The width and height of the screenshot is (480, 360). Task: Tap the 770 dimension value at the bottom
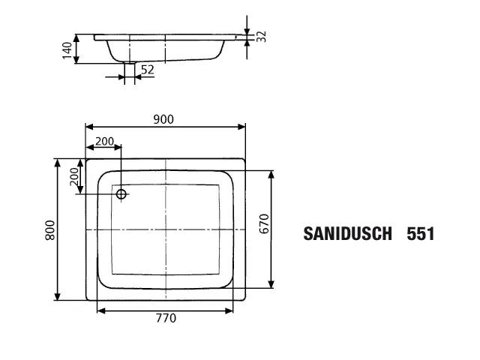(x=166, y=319)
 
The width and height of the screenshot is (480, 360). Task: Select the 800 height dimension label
(x=49, y=229)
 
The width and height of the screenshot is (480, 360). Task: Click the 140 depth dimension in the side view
(x=67, y=49)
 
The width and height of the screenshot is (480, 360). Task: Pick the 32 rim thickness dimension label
(x=261, y=37)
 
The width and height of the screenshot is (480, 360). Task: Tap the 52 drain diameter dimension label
(x=147, y=69)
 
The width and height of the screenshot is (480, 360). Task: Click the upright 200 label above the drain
(x=105, y=141)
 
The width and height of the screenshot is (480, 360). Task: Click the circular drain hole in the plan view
(x=121, y=194)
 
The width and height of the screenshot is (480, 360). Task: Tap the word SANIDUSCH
(x=347, y=234)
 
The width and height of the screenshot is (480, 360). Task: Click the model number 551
(x=420, y=234)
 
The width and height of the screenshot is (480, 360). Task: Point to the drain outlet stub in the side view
(x=129, y=69)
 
